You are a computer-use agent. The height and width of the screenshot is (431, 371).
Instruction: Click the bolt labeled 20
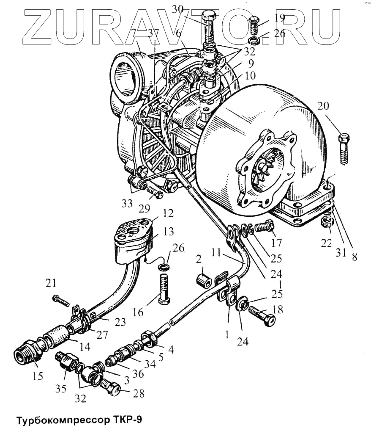[344, 149]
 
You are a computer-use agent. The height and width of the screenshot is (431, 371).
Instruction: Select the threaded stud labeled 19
[253, 25]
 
